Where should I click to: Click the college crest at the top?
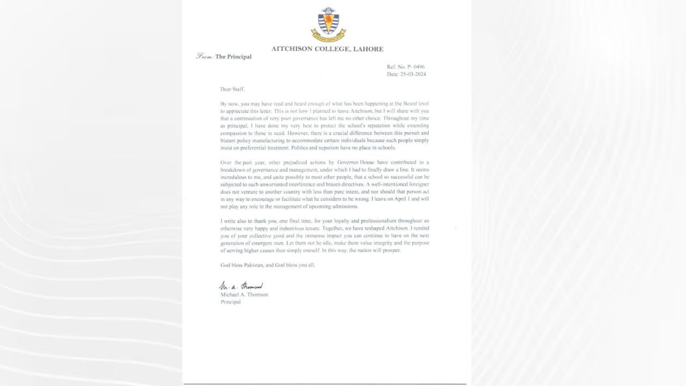[x=328, y=25]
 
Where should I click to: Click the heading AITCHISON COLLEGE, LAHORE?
[x=327, y=49]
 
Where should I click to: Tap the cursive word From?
[x=205, y=56]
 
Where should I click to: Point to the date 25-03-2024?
[x=413, y=74]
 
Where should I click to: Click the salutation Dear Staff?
[x=232, y=89]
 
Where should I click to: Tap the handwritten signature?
[x=241, y=286]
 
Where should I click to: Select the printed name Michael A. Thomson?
[x=244, y=294]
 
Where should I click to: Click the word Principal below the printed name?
[x=230, y=302]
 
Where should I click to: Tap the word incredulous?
[x=235, y=176]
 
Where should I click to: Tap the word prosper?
[x=390, y=250]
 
